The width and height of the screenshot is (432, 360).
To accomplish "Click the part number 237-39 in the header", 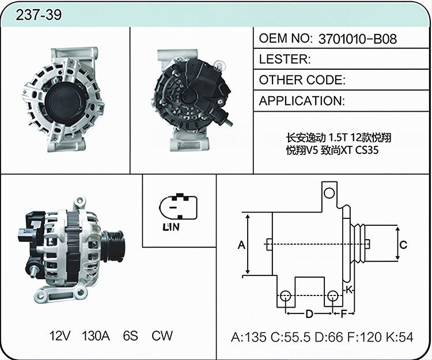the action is tap(39, 15).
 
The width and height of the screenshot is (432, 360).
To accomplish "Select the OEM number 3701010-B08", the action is tap(358, 39).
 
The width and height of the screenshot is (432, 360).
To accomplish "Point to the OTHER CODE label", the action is tap(302, 80).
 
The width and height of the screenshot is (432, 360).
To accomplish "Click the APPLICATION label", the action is tap(302, 101).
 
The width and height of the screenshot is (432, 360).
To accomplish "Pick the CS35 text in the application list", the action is tap(367, 150).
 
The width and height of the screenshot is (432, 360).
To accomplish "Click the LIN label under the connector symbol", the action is tap(171, 227).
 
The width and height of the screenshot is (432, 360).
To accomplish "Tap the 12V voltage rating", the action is tap(60, 336).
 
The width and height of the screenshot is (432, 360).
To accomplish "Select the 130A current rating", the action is tap(96, 336).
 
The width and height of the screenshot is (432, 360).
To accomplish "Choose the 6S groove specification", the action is tap(130, 336).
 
